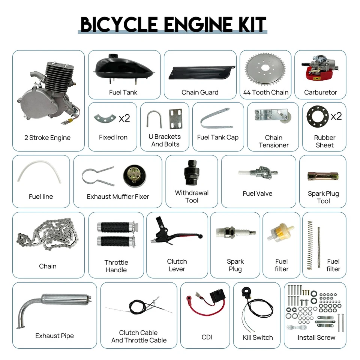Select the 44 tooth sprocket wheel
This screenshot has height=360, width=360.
[265, 71]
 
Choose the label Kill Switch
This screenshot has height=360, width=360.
[258, 337]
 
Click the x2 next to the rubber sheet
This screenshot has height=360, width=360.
[336, 116]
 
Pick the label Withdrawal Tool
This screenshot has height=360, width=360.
[192, 196]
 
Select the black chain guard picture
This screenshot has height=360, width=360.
[199, 72]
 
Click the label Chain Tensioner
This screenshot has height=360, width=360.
[274, 141]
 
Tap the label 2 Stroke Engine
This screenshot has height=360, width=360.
[47, 138]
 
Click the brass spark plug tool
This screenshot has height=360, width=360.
[323, 175]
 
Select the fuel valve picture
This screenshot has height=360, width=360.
[258, 173]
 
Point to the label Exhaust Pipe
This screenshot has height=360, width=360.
[54, 336]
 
